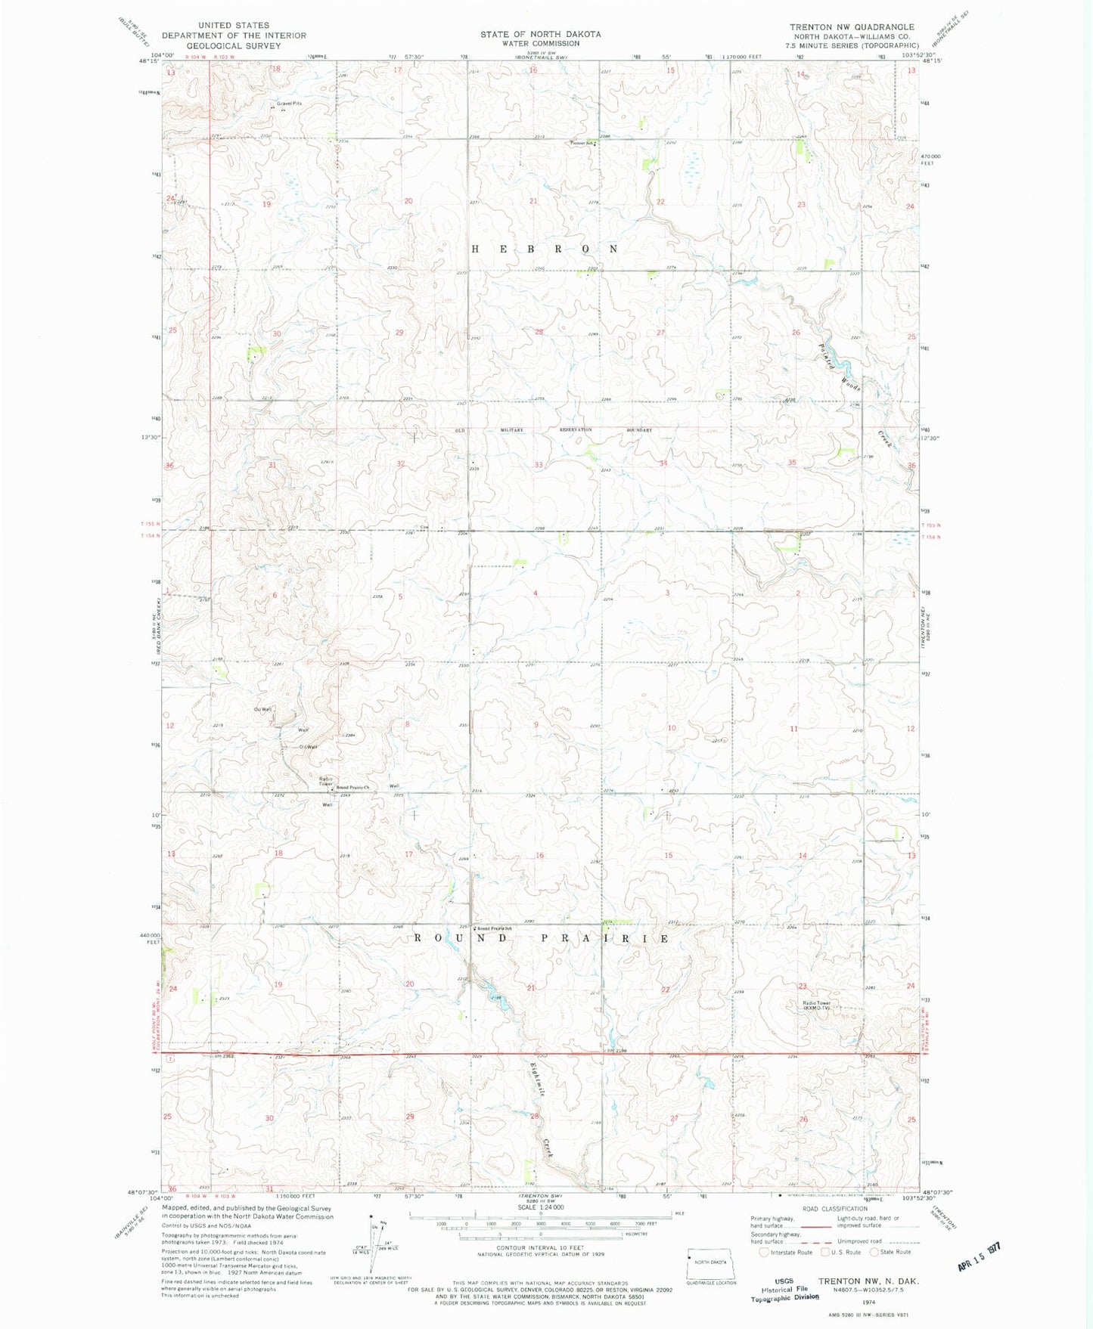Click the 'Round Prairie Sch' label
coord(495,928)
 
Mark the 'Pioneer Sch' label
coord(582,143)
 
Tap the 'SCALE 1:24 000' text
coord(540,1208)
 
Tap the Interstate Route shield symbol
coord(765,1252)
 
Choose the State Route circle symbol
coord(876,1252)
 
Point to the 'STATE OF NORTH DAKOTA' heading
coord(540,34)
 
